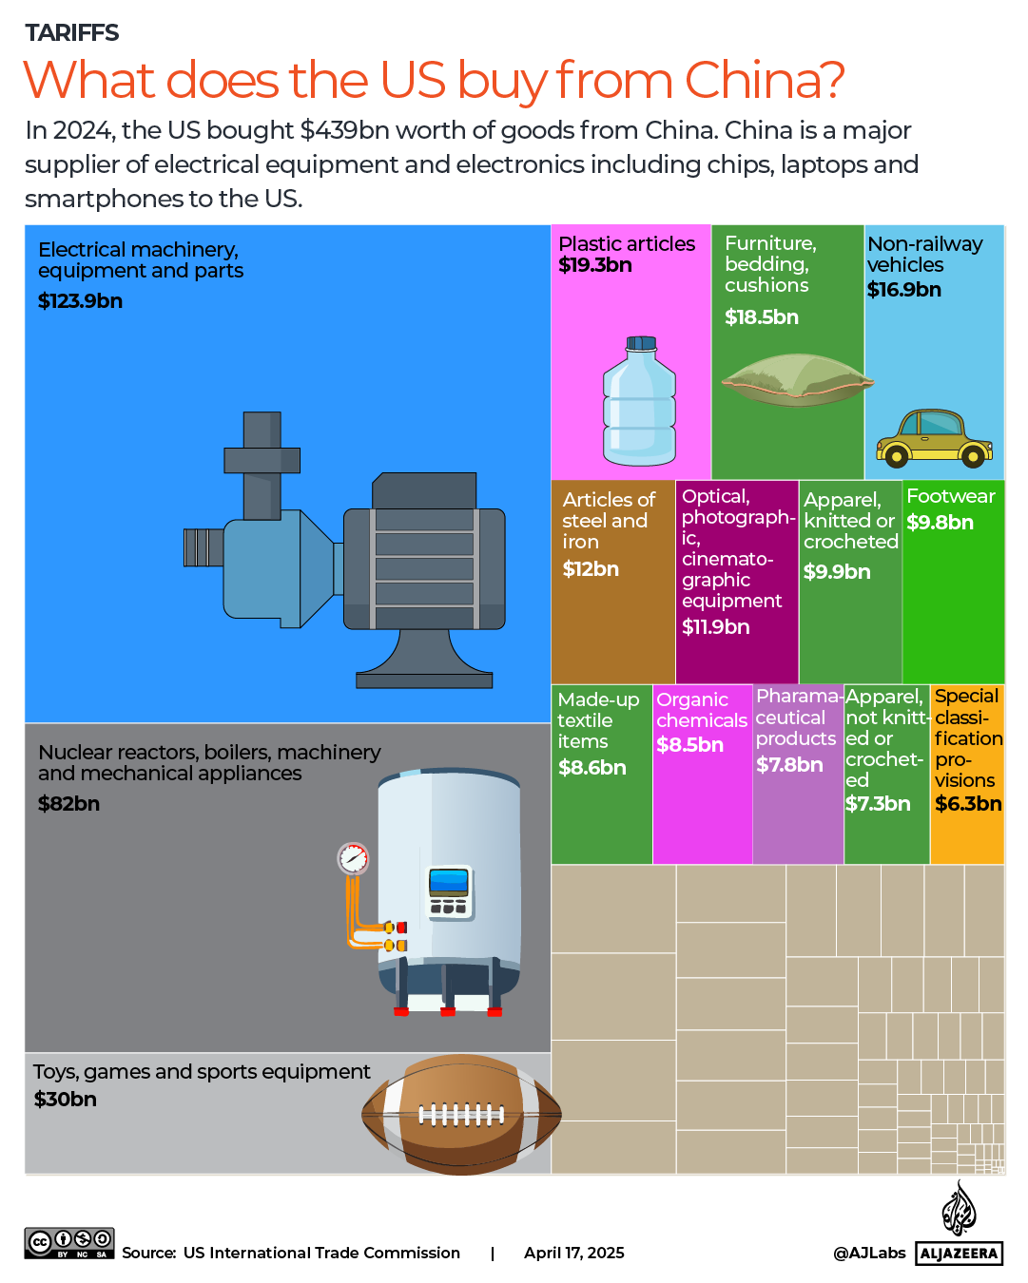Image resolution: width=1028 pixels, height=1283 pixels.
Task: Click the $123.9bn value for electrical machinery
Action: coord(80,301)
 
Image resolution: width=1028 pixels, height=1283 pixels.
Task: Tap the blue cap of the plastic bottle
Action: coord(641,343)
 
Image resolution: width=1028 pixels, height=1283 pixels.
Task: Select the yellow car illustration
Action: coord(933,439)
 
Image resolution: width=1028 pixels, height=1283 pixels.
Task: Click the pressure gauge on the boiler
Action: coord(353,858)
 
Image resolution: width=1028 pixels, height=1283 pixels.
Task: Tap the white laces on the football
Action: coord(461,1114)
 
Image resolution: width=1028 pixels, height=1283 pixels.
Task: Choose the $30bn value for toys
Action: coord(65,1100)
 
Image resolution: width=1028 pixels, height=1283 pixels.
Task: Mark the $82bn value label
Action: coord(68,804)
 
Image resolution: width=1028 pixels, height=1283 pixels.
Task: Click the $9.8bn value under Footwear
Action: coord(940,523)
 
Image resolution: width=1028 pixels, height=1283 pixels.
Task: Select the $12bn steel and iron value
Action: coord(591,569)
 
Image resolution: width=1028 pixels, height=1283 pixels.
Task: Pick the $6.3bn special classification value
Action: coord(968,804)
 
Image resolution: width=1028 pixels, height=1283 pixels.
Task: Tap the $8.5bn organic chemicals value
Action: coord(689,745)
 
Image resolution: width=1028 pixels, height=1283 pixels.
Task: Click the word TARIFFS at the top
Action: coord(72,33)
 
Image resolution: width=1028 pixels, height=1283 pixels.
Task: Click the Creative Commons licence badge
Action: coord(69,1243)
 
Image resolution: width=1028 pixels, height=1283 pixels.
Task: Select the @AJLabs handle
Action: coord(869,1253)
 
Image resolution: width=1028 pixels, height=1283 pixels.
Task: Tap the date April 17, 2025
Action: coord(573,1253)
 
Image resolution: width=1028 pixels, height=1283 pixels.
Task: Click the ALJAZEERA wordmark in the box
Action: coord(960,1254)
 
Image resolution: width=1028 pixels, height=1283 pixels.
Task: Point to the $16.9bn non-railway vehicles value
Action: coord(903,290)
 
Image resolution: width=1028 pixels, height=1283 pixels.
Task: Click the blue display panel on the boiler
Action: coord(449,883)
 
